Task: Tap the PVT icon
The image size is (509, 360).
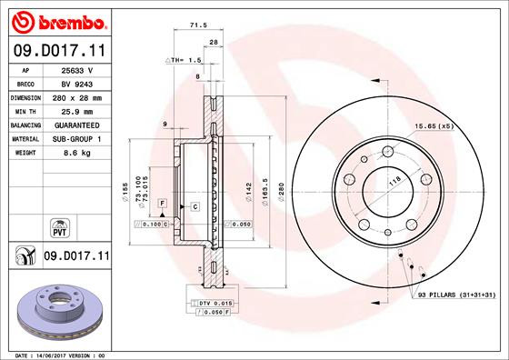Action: [58, 225]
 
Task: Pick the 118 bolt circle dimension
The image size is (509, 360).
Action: [394, 183]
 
